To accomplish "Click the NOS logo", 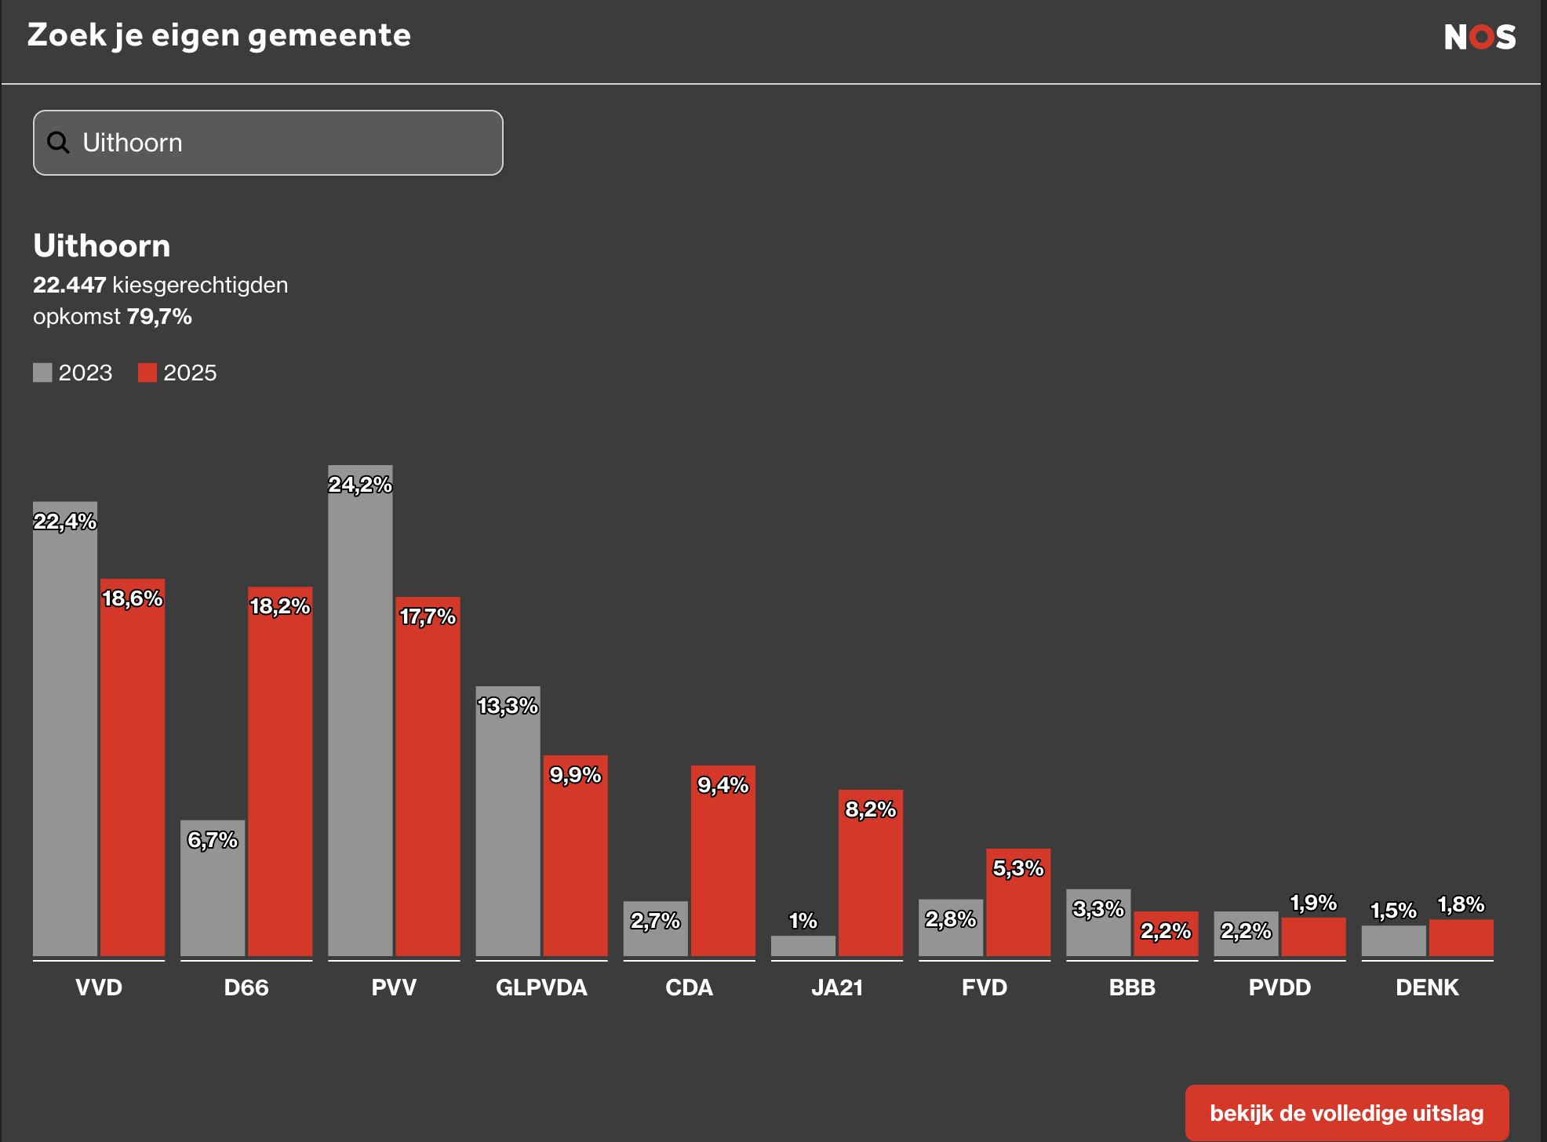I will pyautogui.click(x=1480, y=37).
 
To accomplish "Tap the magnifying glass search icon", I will pyautogui.click(x=59, y=142).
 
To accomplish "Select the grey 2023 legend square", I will pyautogui.click(x=42, y=373).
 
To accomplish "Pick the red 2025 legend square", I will pyautogui.click(x=147, y=373).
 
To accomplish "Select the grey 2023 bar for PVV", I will pyautogui.click(x=360, y=722).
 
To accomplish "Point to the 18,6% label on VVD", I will pyautogui.click(x=133, y=598).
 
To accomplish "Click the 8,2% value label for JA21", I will pyautogui.click(x=870, y=809).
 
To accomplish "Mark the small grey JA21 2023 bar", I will pyautogui.click(x=803, y=946).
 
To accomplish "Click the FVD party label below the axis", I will pyautogui.click(x=985, y=987).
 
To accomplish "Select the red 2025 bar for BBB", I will pyautogui.click(x=1166, y=941).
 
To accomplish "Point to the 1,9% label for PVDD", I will pyautogui.click(x=1313, y=903).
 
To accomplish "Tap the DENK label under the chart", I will pyautogui.click(x=1427, y=987).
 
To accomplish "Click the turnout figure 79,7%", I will pyautogui.click(x=159, y=317).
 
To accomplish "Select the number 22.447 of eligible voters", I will pyautogui.click(x=69, y=285).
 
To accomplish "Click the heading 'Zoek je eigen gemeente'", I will pyautogui.click(x=219, y=35).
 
